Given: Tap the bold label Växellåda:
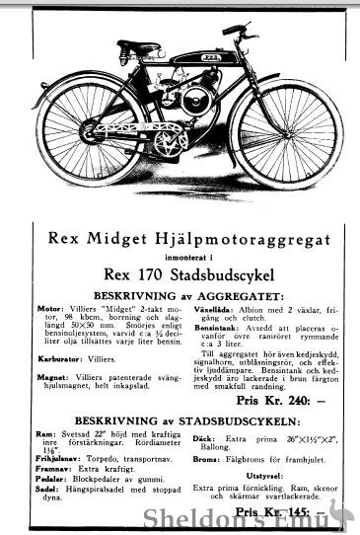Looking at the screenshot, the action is (x=208, y=310).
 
